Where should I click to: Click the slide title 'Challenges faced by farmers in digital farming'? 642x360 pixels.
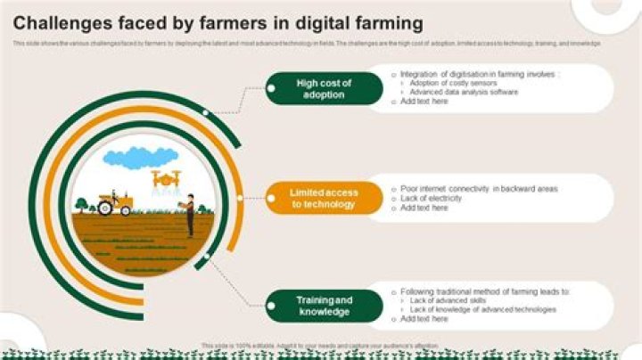click(x=219, y=23)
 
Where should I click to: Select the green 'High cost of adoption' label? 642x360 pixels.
click(x=324, y=88)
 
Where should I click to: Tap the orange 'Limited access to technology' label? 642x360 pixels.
click(x=324, y=198)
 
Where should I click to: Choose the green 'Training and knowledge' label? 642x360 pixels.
click(x=324, y=306)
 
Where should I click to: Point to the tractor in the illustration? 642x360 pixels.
click(x=115, y=203)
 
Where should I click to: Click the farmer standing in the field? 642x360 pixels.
click(x=189, y=217)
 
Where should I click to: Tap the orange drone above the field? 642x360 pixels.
click(x=166, y=179)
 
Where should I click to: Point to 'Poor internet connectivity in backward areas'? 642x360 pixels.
click(x=479, y=189)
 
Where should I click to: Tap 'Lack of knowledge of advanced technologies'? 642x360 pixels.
click(x=482, y=309)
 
